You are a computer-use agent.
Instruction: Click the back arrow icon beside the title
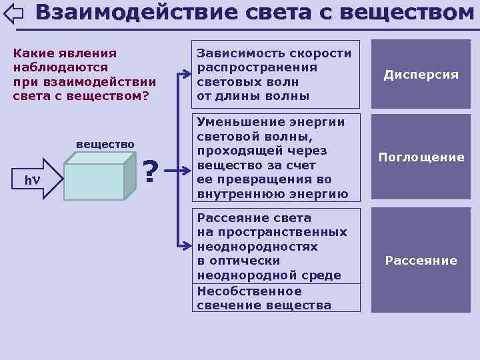pos(13,13)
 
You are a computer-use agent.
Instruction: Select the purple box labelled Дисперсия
pos(421,74)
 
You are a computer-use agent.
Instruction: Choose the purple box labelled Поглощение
pos(421,157)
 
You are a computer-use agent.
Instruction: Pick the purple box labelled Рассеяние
pos(421,260)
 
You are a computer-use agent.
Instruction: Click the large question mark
pos(151,172)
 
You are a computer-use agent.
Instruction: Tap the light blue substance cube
pos(93,177)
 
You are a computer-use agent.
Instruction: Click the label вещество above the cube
pos(105,144)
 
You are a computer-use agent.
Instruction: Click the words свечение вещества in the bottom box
pos(264,305)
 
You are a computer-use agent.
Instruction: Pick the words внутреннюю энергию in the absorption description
pos(273,194)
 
